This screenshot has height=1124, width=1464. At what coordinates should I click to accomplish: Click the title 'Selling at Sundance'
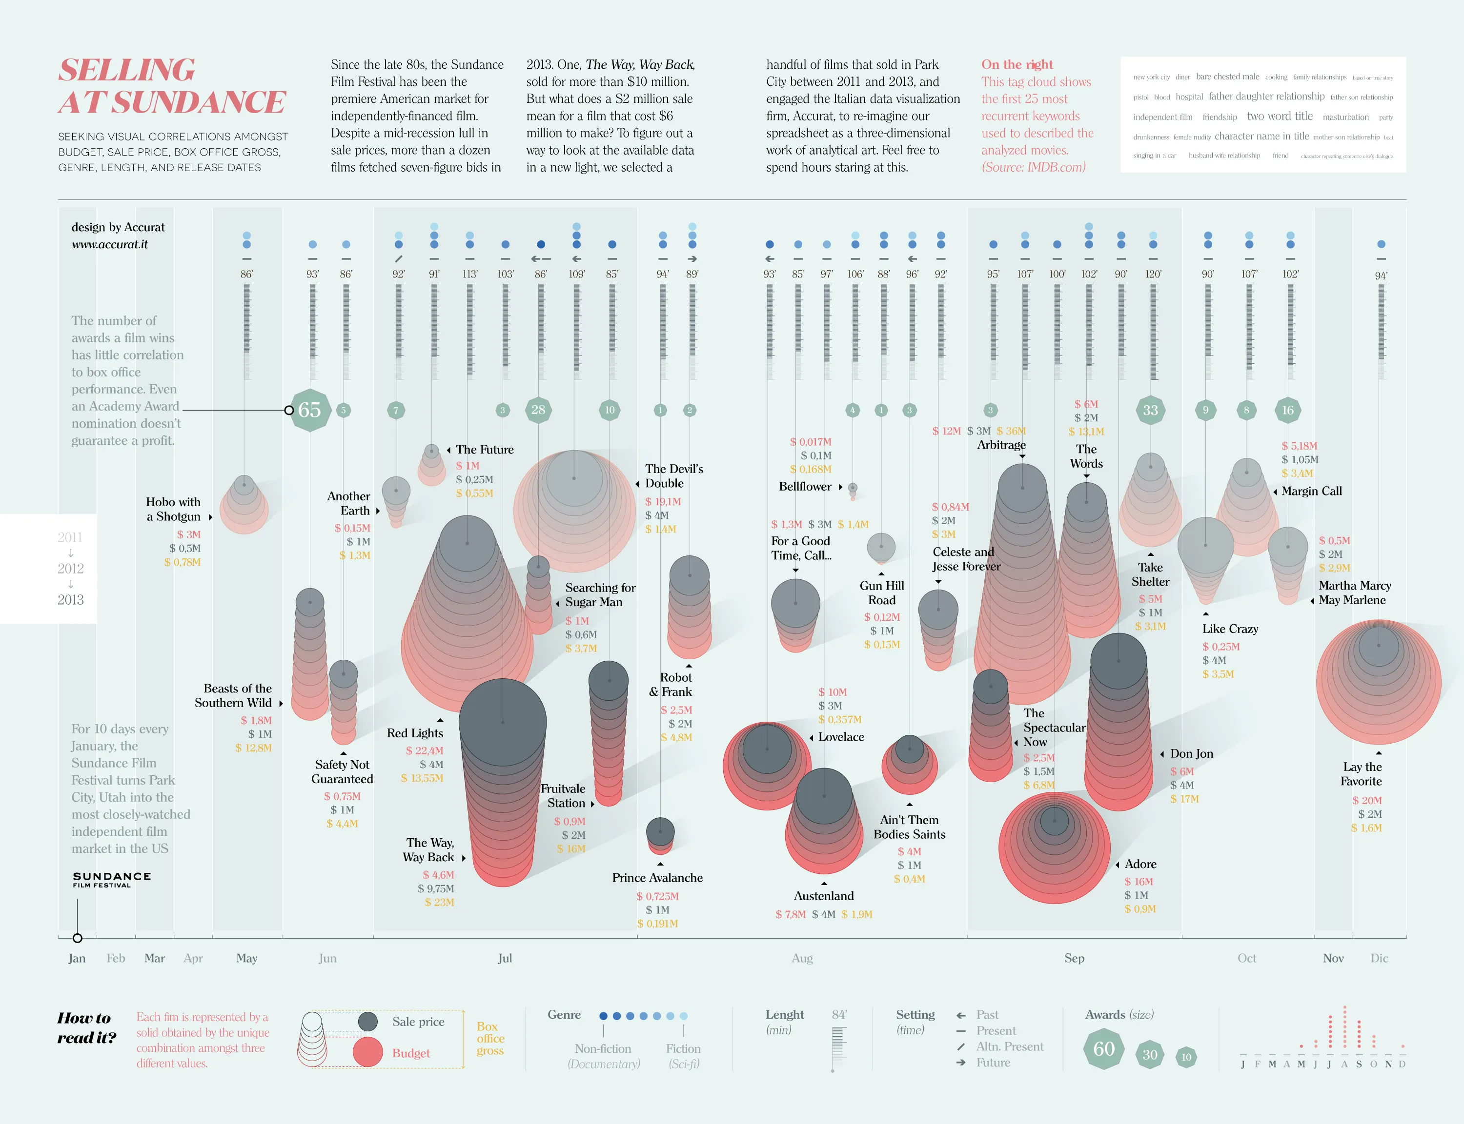pos(172,86)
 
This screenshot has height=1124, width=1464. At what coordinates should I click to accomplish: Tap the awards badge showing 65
pos(310,410)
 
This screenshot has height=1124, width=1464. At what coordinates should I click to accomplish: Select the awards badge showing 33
pos(1150,410)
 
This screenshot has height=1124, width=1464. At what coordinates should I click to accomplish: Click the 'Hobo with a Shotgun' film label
pos(173,509)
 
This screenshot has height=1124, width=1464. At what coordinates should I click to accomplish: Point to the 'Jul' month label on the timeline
pos(505,958)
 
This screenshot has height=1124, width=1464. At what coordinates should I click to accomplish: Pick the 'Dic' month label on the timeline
pos(1379,958)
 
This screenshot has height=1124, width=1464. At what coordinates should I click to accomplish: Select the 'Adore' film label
pos(1140,864)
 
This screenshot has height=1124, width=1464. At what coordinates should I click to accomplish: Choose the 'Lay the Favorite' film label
pos(1362,774)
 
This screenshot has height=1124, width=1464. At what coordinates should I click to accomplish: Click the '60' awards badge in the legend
pos(1104,1048)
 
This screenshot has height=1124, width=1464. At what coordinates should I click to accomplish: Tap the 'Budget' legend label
pos(411,1053)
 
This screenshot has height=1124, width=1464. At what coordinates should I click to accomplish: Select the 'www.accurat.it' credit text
pos(110,244)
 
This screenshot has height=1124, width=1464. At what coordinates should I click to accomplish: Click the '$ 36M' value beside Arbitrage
pos(1011,431)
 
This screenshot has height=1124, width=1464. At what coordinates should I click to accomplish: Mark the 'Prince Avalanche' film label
pos(657,878)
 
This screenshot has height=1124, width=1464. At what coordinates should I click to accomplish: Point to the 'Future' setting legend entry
pos(993,1063)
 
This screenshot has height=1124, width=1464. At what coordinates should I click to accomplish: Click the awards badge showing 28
pos(538,410)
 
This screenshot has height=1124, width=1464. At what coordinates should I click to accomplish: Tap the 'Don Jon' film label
pos(1192,753)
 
